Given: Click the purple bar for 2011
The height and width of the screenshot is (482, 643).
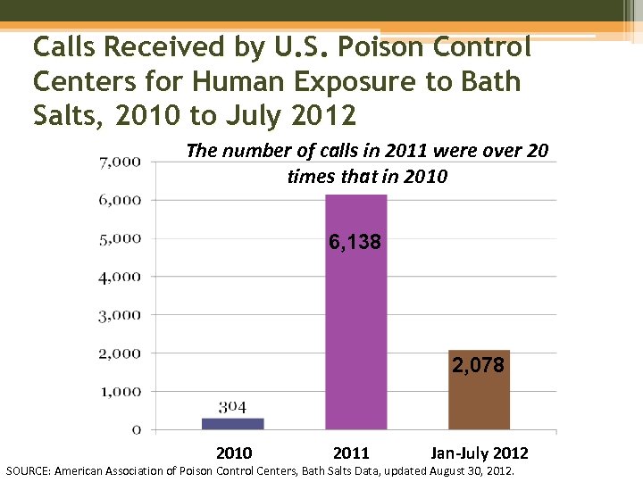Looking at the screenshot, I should [x=355, y=339].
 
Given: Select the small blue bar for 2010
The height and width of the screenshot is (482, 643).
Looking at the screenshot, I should [x=233, y=424].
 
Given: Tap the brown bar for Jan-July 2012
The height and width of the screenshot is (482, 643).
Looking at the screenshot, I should [x=479, y=402].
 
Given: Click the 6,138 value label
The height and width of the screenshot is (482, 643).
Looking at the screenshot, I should [x=355, y=242].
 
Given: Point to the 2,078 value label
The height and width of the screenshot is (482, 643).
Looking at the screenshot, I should [x=478, y=365].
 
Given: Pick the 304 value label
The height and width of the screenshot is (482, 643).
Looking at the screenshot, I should [x=232, y=407].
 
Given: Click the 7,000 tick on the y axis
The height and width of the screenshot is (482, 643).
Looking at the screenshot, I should [x=120, y=162].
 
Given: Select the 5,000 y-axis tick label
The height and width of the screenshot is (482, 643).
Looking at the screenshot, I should [x=120, y=238].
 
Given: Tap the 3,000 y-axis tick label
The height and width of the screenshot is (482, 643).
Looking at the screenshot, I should [x=120, y=315].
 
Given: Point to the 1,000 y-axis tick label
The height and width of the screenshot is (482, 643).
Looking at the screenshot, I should [x=120, y=391].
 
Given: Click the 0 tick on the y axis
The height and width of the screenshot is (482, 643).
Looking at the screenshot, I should [x=136, y=429].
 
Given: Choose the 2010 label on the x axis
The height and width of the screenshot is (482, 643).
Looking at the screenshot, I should [x=234, y=453].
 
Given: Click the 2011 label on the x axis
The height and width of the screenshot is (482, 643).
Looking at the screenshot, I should [x=350, y=453].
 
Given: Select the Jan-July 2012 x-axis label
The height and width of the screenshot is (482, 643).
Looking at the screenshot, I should [x=480, y=453].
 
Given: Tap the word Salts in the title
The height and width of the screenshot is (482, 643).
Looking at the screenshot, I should [x=66, y=115].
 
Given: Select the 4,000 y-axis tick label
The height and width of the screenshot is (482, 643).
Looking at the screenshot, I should [x=120, y=277].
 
